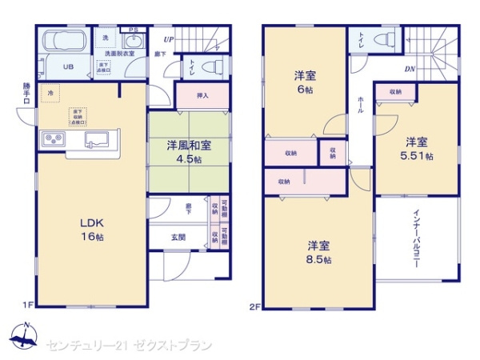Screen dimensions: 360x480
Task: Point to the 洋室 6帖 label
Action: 303,82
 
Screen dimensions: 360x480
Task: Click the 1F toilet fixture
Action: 210,67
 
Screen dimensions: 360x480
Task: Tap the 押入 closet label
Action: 202,95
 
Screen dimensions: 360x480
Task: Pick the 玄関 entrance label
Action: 179,236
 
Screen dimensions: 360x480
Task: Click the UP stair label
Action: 168,38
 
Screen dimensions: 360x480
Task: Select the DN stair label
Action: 409,69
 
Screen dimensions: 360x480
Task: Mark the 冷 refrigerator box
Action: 50,93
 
